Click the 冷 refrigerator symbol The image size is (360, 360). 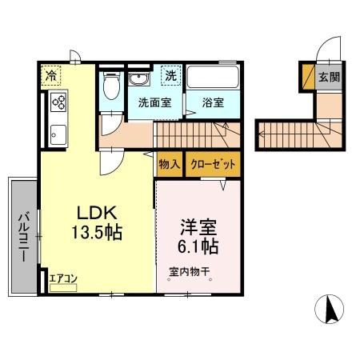pyautogui.click(x=50, y=78)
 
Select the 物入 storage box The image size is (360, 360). pyautogui.click(x=170, y=164)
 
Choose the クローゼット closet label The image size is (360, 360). pyautogui.click(x=213, y=164)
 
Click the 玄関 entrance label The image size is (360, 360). pyautogui.click(x=330, y=78)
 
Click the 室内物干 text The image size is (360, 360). pyautogui.click(x=189, y=272)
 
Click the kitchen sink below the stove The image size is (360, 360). pyautogui.click(x=58, y=132)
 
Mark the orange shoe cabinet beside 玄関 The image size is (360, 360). pyautogui.click(x=307, y=78)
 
